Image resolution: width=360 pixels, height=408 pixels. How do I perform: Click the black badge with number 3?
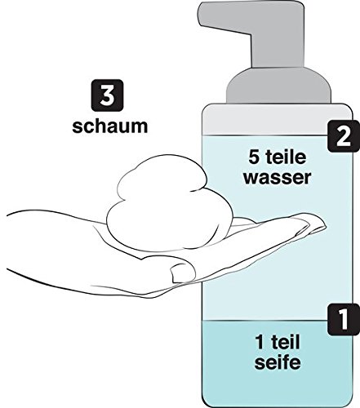pyautogui.click(x=107, y=95)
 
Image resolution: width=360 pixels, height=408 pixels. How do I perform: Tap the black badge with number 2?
pyautogui.click(x=343, y=135)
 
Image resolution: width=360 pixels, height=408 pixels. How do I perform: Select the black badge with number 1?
pyautogui.click(x=344, y=319)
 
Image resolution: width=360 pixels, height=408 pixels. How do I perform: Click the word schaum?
pyautogui.click(x=110, y=126)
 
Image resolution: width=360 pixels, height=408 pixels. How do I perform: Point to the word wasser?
pyautogui.click(x=277, y=178)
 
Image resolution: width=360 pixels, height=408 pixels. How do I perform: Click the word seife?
pyautogui.click(x=278, y=362)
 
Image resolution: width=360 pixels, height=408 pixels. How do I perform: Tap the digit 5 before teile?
pyautogui.click(x=254, y=157)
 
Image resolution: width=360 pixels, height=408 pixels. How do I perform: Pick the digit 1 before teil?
pyautogui.click(x=260, y=342)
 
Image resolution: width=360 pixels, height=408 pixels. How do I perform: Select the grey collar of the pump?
pyautogui.click(x=279, y=86)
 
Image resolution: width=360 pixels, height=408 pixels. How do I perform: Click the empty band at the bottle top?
pyautogui.click(x=277, y=119)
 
